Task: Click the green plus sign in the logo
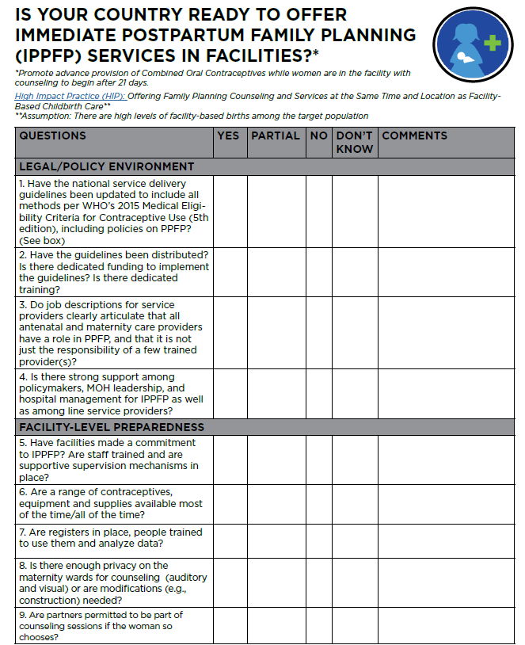click(493, 41)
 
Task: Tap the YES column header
click(228, 135)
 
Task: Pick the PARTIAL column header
click(276, 135)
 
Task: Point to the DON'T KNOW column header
click(354, 142)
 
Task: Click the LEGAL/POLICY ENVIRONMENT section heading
click(107, 166)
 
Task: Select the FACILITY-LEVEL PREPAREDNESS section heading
click(112, 427)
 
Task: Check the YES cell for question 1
click(230, 211)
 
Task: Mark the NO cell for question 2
click(318, 272)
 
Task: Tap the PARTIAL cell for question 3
click(276, 333)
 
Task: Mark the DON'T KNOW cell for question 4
click(354, 394)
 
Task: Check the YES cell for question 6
click(230, 503)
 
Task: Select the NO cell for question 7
click(318, 540)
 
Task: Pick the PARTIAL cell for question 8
click(276, 582)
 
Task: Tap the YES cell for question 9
click(230, 625)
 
